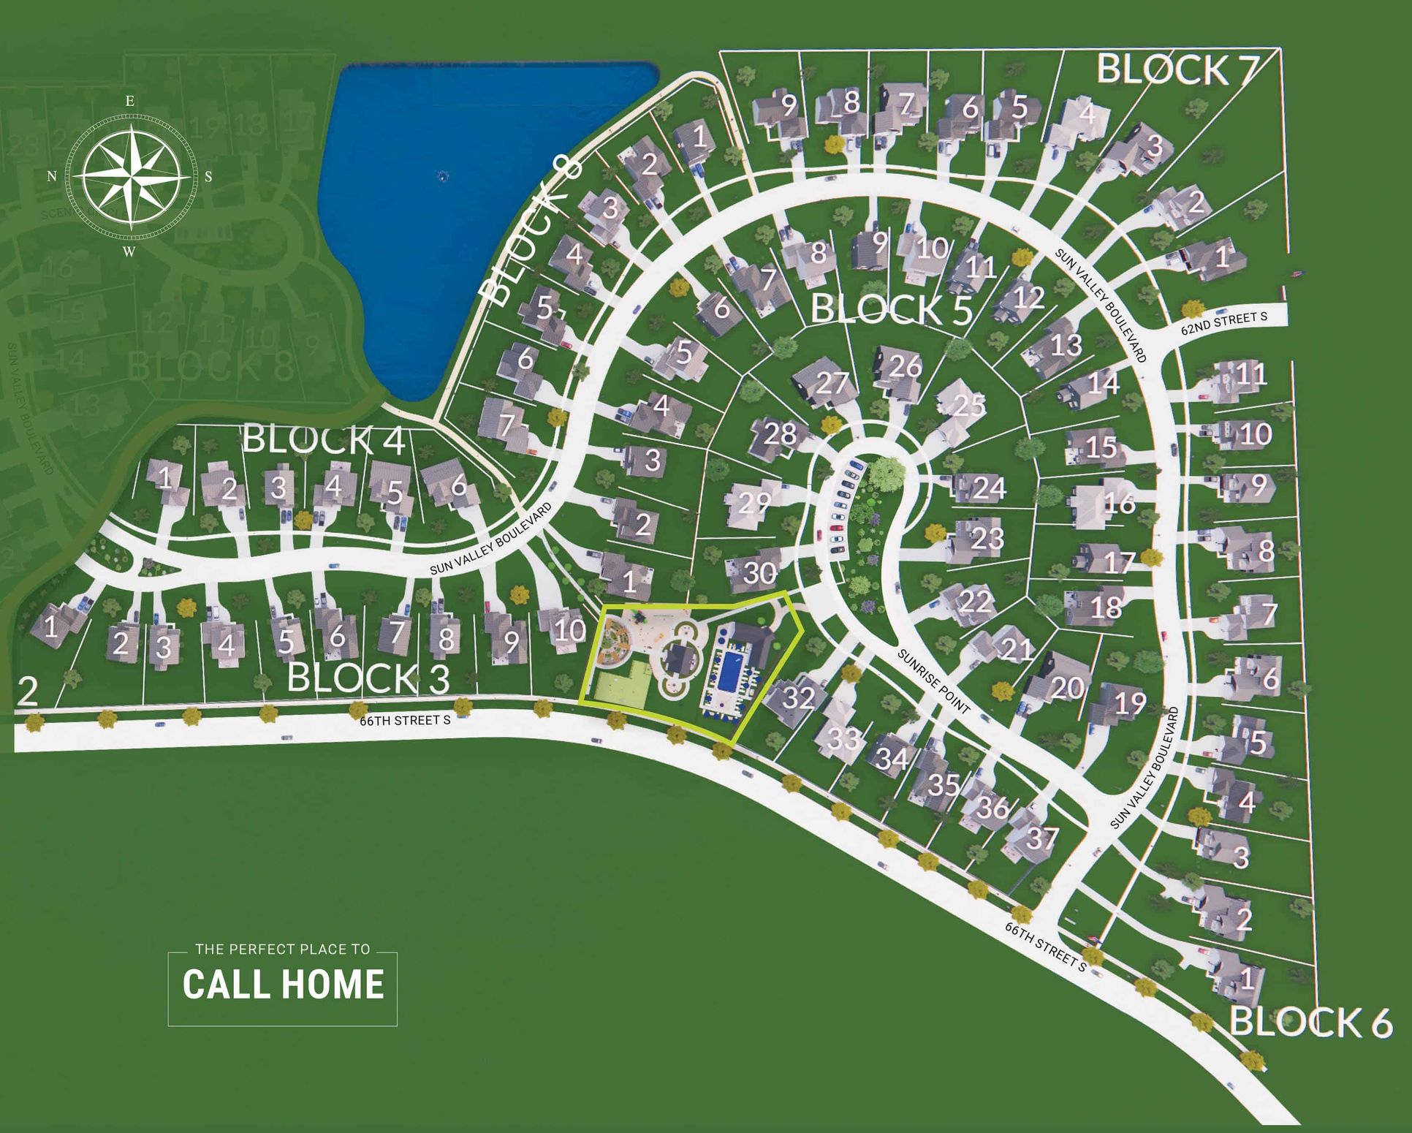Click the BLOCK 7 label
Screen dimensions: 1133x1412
click(x=1177, y=69)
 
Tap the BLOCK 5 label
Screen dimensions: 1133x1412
click(x=892, y=309)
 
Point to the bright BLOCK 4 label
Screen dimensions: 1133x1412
click(x=324, y=439)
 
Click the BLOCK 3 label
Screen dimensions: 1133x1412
click(x=368, y=678)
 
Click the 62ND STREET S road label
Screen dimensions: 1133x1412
click(x=1223, y=323)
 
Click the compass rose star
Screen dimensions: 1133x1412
click(x=132, y=176)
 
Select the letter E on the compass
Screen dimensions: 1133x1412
click(x=130, y=101)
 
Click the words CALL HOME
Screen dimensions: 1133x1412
click(x=283, y=984)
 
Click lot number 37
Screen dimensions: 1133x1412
click(x=1041, y=838)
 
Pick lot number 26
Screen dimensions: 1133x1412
click(x=905, y=366)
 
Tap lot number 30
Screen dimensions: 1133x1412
click(x=759, y=573)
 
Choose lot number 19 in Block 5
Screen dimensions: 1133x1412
click(x=1129, y=703)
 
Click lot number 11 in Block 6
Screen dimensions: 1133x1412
click(x=1250, y=375)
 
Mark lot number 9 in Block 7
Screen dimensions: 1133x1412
click(x=789, y=106)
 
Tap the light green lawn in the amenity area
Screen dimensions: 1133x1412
click(x=623, y=687)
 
